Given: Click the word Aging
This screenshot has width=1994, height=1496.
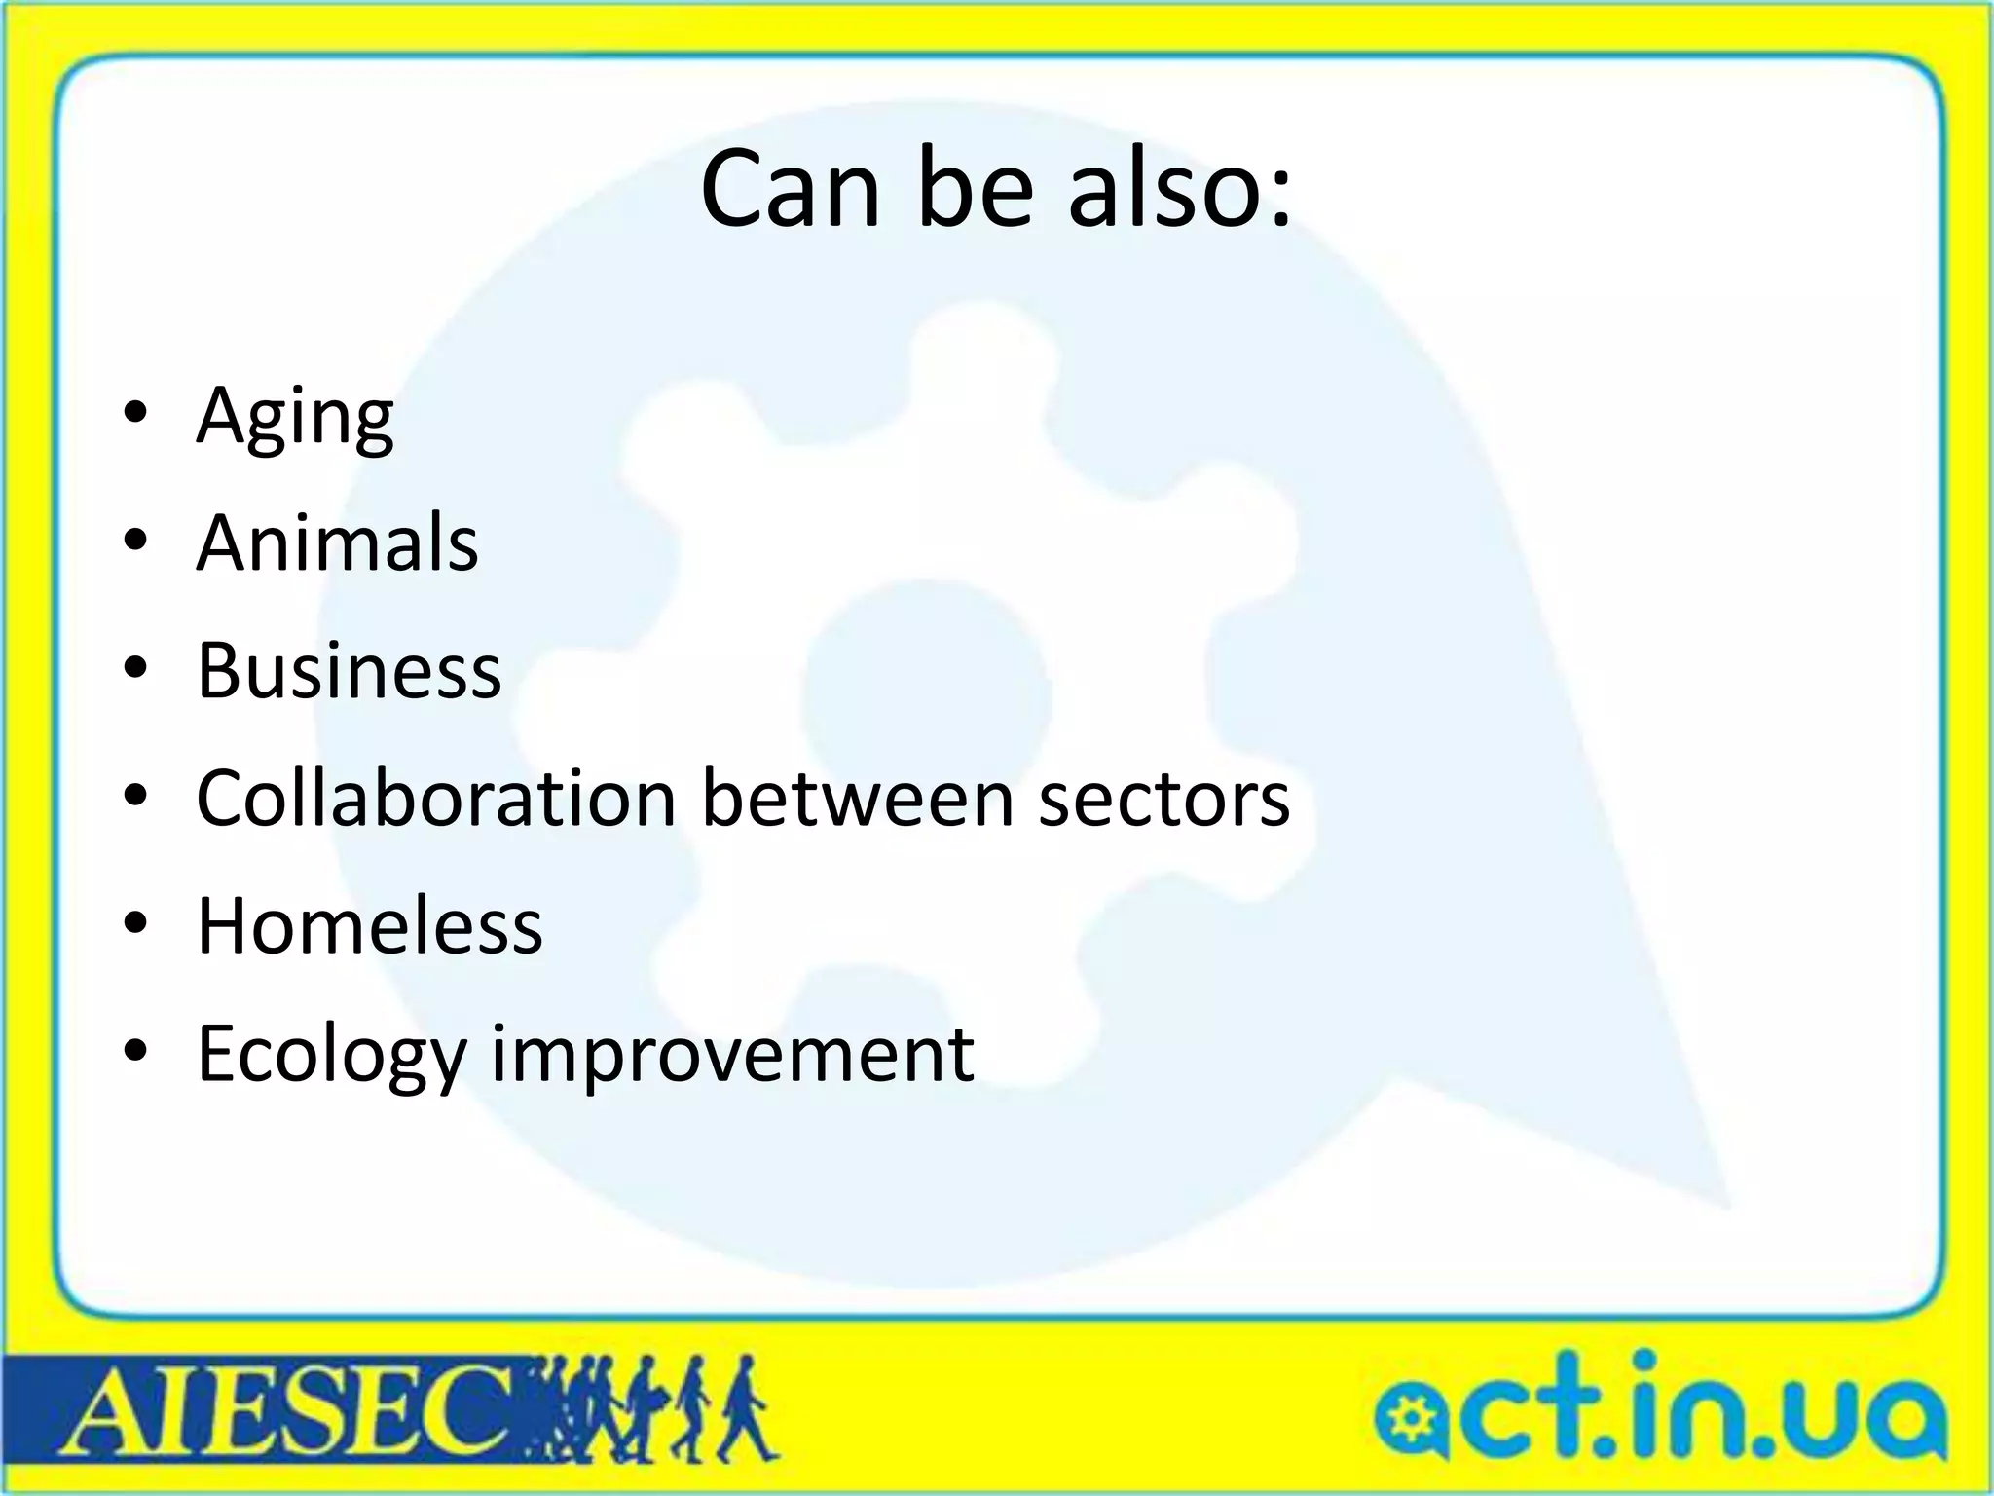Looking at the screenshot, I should coord(294,417).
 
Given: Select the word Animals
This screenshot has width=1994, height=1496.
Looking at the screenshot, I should coord(337,542).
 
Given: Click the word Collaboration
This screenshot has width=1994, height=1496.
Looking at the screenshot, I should coord(436,798).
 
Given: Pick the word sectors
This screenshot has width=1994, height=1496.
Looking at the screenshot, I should coord(1163,800).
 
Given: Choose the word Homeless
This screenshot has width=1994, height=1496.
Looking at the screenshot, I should coord(369,925).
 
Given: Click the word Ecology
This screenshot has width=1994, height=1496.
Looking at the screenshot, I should coord(332,1055).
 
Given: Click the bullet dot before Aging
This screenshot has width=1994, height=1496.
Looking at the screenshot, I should coord(136,412).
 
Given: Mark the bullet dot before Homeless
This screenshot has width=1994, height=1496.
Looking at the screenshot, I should coord(136,921).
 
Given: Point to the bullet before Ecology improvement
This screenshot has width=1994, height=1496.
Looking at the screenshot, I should coord(136,1049).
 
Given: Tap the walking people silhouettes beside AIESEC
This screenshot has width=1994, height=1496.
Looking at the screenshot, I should coord(662,1408).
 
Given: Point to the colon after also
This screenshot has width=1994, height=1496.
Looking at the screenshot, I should coord(1277,195).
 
